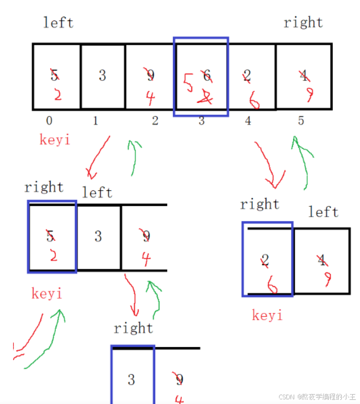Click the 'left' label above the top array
pyautogui.click(x=59, y=23)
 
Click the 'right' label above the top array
pyautogui.click(x=303, y=22)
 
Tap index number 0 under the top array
pyautogui.click(x=49, y=121)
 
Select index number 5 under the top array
pyautogui.click(x=301, y=121)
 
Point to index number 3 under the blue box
pyautogui.click(x=202, y=121)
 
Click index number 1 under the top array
pyautogui.click(x=96, y=121)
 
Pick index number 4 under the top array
pyautogui.click(x=248, y=121)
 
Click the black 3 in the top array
pyautogui.click(x=102, y=76)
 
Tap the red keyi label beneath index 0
pyautogui.click(x=54, y=140)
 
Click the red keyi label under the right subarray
pyautogui.click(x=267, y=315)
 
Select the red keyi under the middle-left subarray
pyautogui.click(x=47, y=294)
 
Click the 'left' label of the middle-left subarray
pyautogui.click(x=97, y=193)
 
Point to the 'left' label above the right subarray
pyautogui.click(x=323, y=212)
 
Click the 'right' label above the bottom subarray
pyautogui.click(x=133, y=328)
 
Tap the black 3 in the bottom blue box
pyautogui.click(x=131, y=379)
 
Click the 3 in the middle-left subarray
pyautogui.click(x=98, y=236)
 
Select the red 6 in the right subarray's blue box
pyautogui.click(x=272, y=284)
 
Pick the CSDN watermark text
pyautogui.click(x=316, y=397)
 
